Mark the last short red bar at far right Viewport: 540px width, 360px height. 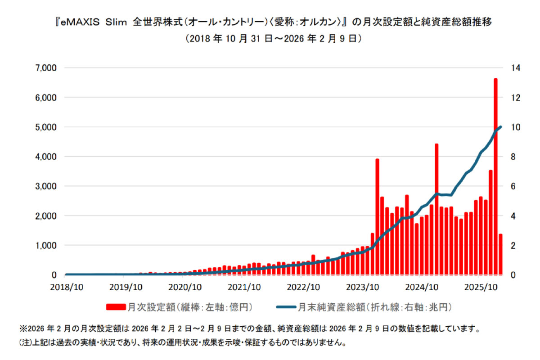pyautogui.click(x=500, y=254)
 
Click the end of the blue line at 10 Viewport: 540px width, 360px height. pyautogui.click(x=501, y=127)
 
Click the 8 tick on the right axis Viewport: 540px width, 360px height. pyautogui.click(x=513, y=157)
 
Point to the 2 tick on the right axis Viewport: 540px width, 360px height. pyautogui.click(x=513, y=245)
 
